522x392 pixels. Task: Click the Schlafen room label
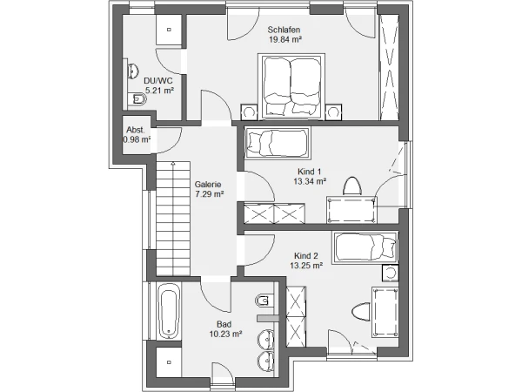pyautogui.click(x=284, y=30)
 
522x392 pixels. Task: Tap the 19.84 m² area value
pyautogui.click(x=285, y=40)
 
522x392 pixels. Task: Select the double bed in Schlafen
pyautogui.click(x=291, y=86)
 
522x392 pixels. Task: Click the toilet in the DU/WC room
pyautogui.click(x=137, y=98)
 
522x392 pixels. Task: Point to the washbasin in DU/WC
pyautogui.click(x=133, y=71)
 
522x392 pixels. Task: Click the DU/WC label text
pyautogui.click(x=157, y=81)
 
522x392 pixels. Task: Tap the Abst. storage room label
pyautogui.click(x=136, y=130)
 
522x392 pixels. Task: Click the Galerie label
pyautogui.click(x=208, y=185)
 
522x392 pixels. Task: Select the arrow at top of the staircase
pyautogui.click(x=173, y=164)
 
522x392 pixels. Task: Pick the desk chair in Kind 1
pyautogui.click(x=351, y=186)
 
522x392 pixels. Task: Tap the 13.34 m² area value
pyautogui.click(x=310, y=182)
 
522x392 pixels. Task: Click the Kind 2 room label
pyautogui.click(x=306, y=256)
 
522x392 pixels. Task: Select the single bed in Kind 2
pyautogui.click(x=365, y=247)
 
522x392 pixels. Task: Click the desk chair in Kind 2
pyautogui.click(x=361, y=312)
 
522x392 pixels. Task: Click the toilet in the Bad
pyautogui.click(x=264, y=301)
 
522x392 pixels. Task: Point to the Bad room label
pyautogui.click(x=224, y=324)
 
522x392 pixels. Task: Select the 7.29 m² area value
pyautogui.click(x=210, y=194)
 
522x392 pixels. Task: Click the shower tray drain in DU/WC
pyautogui.click(x=169, y=30)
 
